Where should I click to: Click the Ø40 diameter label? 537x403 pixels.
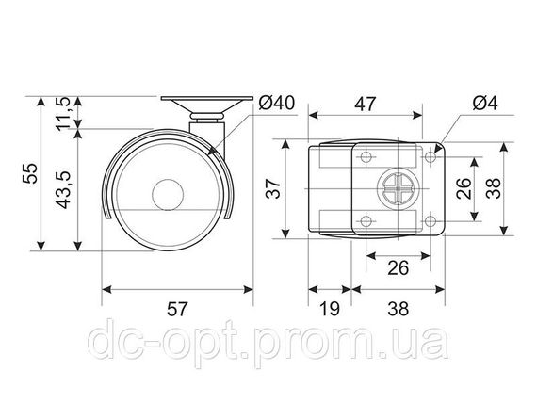coord(276,103)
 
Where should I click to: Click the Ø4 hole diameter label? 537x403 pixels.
coord(485,103)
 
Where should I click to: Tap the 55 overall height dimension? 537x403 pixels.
coord(30,173)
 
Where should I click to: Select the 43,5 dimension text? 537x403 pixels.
coord(63,189)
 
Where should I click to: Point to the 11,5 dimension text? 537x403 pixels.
coord(63,114)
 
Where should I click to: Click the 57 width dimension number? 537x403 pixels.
coord(177,309)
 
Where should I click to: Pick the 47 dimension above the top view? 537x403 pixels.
coord(366,105)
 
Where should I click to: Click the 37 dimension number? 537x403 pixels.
coord(273,188)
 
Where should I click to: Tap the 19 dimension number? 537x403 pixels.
coord(329,309)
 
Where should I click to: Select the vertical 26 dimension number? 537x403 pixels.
coord(464,188)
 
